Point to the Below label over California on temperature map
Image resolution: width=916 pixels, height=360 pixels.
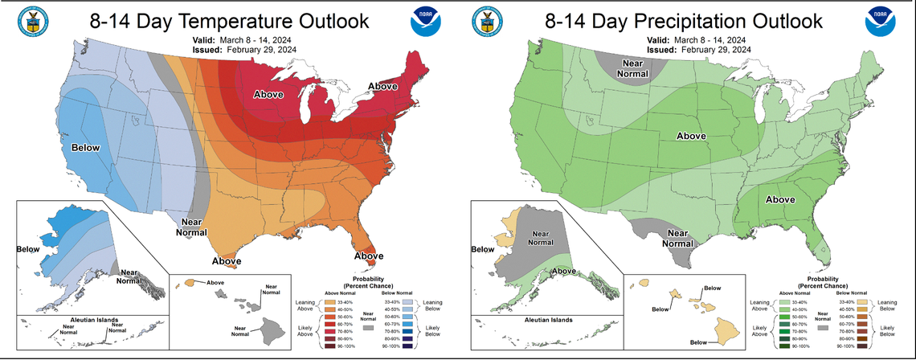click(85, 148)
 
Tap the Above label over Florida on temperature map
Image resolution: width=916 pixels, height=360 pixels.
click(370, 256)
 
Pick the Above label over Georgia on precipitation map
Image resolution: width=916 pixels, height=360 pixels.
click(780, 199)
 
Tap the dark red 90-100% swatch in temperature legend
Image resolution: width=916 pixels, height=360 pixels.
click(328, 347)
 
